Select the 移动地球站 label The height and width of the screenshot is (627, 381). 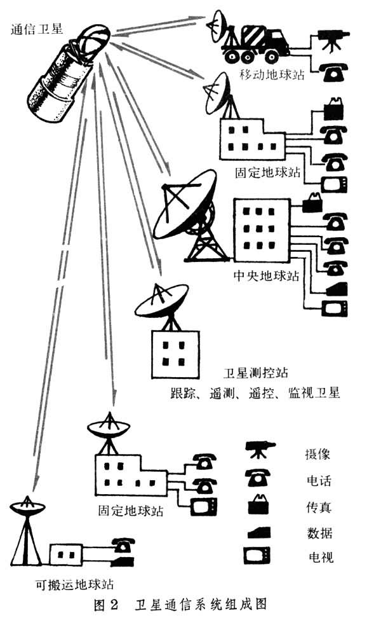(272, 74)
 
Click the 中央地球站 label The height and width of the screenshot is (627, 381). (262, 278)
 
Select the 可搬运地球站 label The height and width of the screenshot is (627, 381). (76, 583)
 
